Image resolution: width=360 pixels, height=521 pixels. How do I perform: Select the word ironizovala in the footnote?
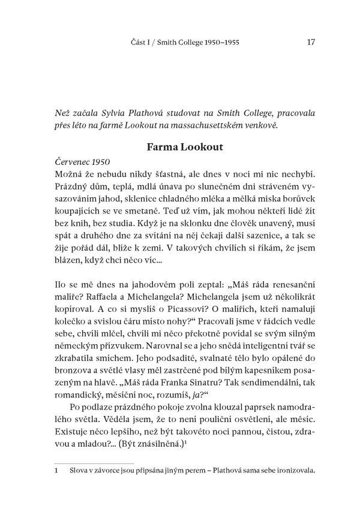coord(293,471)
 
